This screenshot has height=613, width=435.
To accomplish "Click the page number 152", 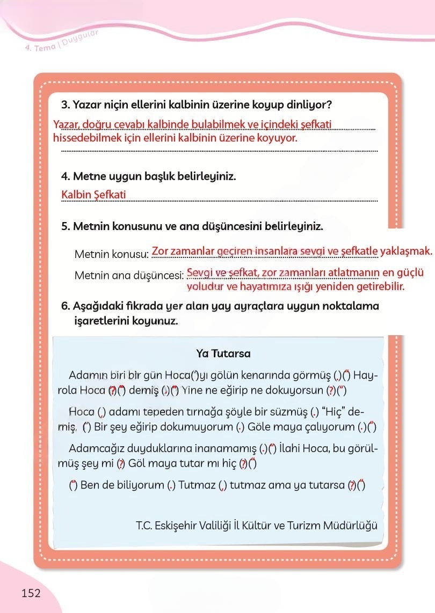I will [x=31, y=593].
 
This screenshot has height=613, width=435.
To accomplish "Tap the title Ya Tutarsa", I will [x=223, y=354].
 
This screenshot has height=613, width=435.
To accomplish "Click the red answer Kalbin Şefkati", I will [x=93, y=195].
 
